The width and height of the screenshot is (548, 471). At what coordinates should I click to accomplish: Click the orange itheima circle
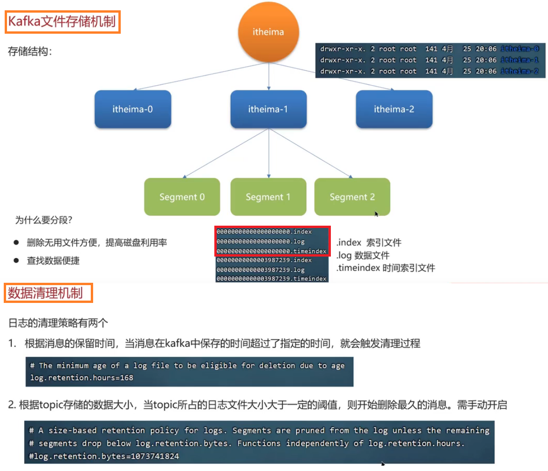268,32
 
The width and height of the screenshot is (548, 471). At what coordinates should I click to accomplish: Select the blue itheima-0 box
133,110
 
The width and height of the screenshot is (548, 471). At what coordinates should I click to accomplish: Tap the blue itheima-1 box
268,110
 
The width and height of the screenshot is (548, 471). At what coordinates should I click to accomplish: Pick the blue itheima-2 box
394,110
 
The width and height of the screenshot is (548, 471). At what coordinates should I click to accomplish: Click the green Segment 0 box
182,197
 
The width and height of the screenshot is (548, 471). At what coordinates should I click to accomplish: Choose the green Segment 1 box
268,197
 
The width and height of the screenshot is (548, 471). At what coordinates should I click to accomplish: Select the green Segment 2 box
352,197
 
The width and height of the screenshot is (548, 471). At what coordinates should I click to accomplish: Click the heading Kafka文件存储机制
62,22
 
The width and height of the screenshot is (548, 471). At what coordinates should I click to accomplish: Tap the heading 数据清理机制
46,293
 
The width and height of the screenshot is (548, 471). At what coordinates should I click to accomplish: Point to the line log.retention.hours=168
82,377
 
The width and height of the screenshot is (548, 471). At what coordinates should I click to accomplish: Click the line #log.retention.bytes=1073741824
104,456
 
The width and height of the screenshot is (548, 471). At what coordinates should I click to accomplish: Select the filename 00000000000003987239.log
260,270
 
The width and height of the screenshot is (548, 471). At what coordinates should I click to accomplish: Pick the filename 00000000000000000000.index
264,232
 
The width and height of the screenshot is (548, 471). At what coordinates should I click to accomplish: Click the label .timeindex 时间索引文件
386,268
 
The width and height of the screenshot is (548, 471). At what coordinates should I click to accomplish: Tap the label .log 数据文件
363,255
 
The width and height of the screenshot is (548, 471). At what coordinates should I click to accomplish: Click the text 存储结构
30,52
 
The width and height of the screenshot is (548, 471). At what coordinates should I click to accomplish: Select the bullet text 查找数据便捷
53,261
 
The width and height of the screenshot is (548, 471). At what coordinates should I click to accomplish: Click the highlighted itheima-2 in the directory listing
519,72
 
